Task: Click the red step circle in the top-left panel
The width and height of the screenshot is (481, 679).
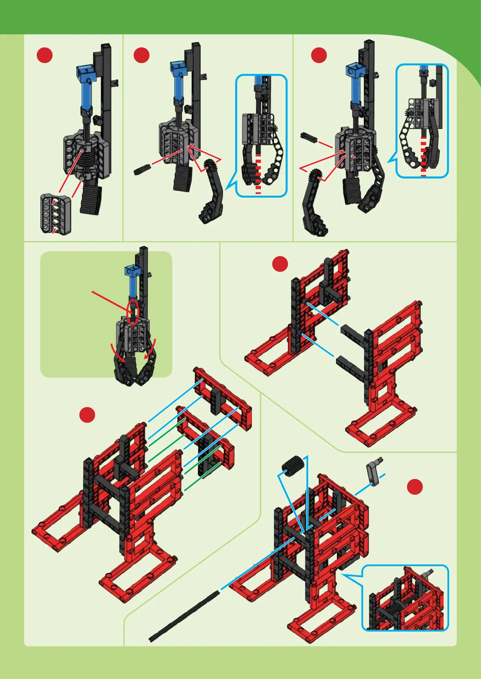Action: point(44,55)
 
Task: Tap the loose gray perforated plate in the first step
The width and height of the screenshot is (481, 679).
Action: point(56,213)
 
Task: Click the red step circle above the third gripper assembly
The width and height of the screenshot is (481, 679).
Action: point(319,55)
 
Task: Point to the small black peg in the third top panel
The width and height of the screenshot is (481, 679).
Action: point(309,137)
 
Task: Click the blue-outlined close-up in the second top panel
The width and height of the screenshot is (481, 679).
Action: point(261,135)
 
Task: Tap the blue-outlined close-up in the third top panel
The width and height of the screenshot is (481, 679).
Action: point(422,121)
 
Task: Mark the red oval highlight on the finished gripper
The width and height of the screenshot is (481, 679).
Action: point(133,311)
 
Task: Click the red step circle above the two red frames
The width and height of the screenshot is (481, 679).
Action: point(280,264)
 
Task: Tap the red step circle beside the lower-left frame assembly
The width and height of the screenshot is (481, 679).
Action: point(87,415)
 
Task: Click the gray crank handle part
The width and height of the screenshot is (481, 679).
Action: point(374,469)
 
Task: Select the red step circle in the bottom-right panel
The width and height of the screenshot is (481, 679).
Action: point(415,487)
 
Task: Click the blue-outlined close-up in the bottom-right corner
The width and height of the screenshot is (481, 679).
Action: point(405,598)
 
